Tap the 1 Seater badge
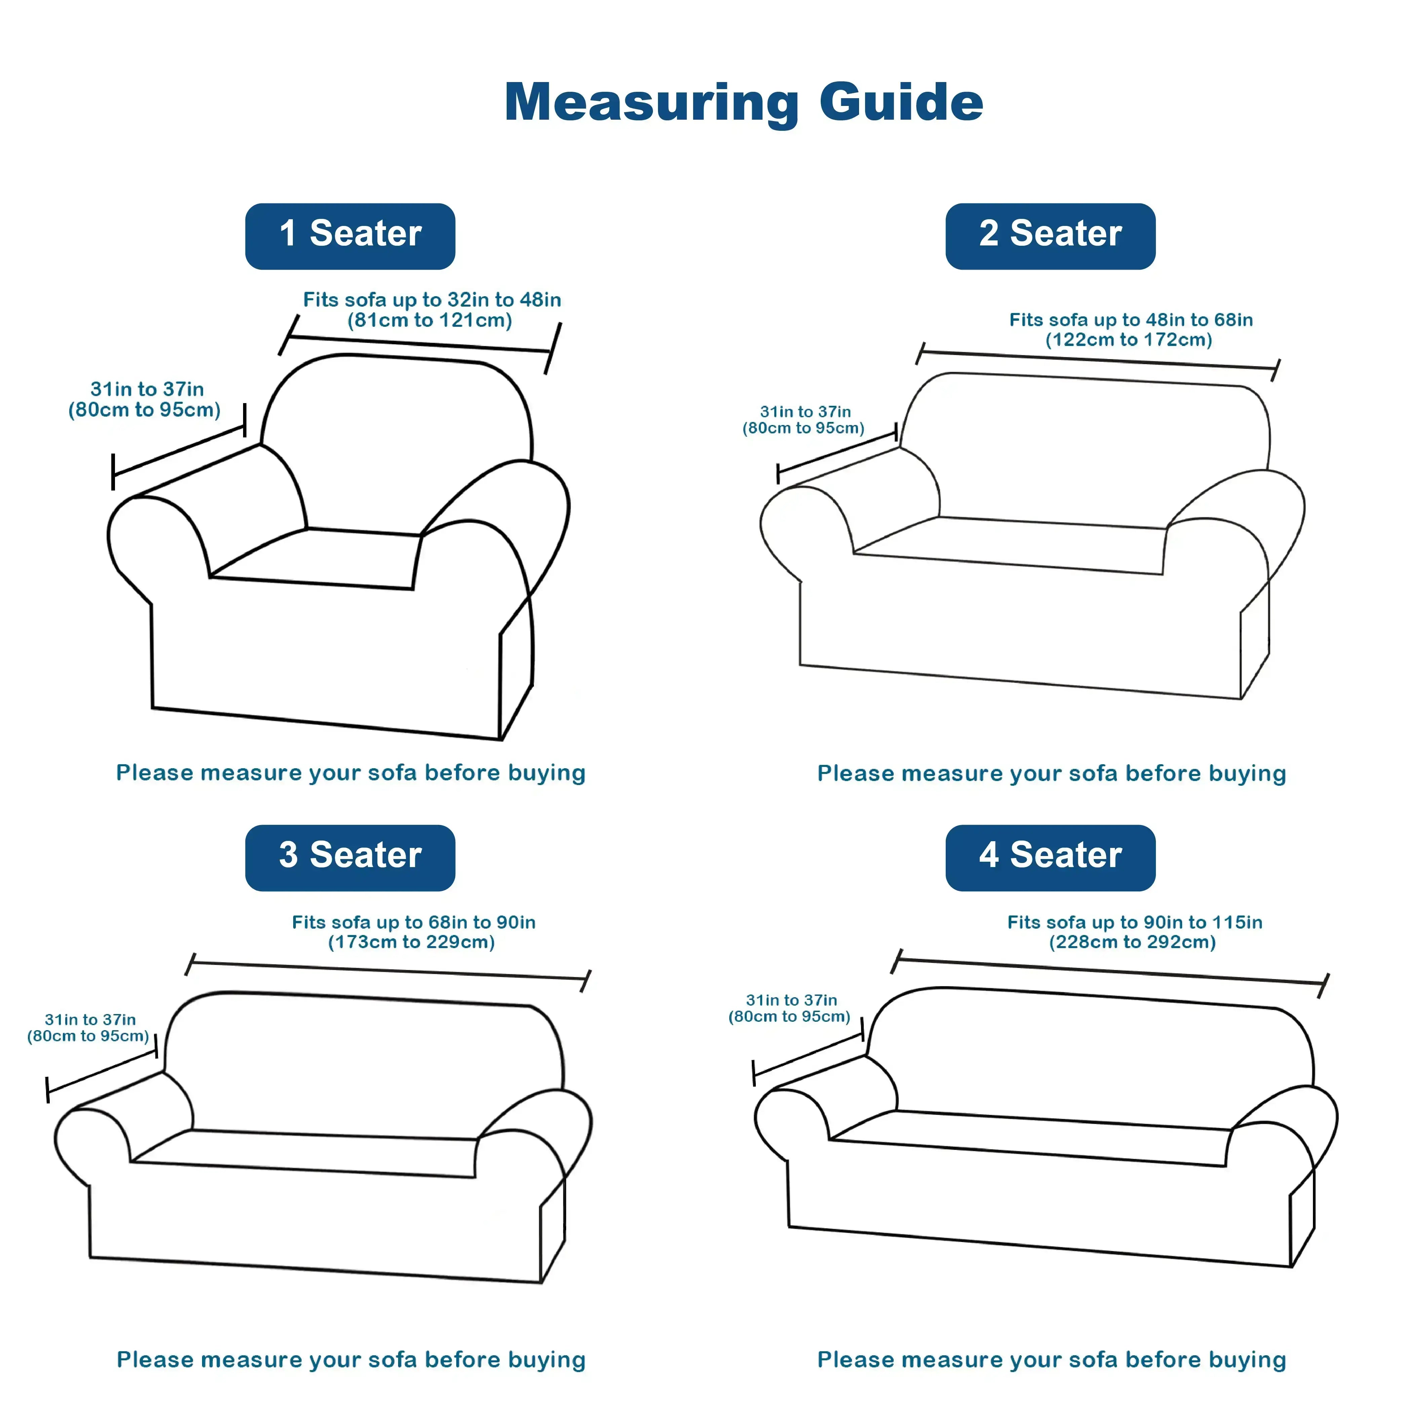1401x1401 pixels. point(350,236)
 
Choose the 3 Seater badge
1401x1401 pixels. point(350,858)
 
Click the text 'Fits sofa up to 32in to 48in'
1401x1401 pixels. point(432,300)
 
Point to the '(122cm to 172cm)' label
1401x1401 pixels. point(1129,339)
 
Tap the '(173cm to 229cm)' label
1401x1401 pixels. point(412,942)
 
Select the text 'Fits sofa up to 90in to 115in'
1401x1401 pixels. point(1135,922)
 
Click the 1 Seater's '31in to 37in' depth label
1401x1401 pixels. point(147,389)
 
